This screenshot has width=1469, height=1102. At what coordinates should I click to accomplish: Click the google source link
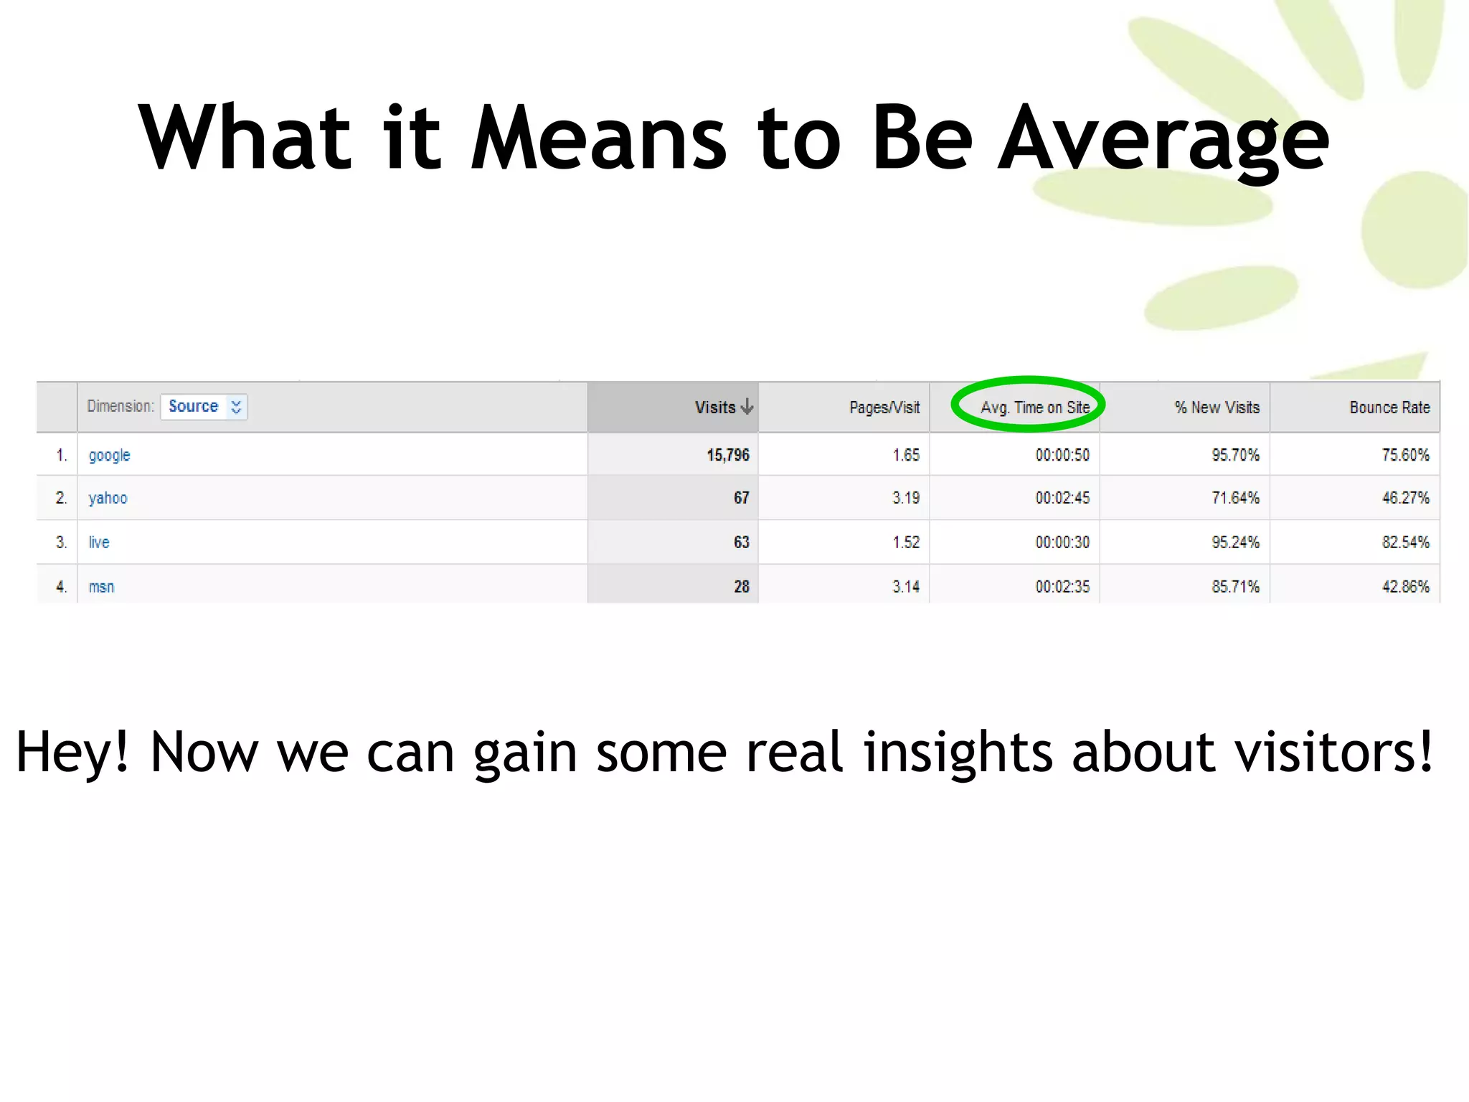[109, 456]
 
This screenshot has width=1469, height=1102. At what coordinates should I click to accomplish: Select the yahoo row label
[108, 499]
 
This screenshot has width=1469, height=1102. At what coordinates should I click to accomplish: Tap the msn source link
[101, 587]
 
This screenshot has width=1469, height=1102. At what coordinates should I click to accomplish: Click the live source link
[99, 542]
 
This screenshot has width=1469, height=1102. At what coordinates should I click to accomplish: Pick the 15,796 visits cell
[727, 456]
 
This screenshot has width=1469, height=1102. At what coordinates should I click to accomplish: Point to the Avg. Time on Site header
[1034, 408]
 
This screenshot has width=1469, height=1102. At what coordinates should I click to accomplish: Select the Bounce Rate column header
[1389, 408]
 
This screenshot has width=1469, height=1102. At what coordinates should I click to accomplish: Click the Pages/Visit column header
[884, 408]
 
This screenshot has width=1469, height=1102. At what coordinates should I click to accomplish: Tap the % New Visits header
[1217, 408]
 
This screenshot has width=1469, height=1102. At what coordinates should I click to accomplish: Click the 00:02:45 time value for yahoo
[1062, 499]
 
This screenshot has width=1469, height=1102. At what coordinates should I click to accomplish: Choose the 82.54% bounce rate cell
[1405, 542]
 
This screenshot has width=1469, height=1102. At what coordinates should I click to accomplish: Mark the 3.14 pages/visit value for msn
[905, 587]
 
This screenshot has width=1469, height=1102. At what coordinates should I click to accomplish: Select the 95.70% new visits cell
[1235, 456]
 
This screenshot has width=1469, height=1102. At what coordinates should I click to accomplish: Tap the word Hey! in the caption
[73, 752]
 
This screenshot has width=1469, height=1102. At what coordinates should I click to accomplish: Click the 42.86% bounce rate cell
[1405, 587]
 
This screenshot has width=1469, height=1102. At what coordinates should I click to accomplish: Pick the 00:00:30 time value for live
[1062, 542]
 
